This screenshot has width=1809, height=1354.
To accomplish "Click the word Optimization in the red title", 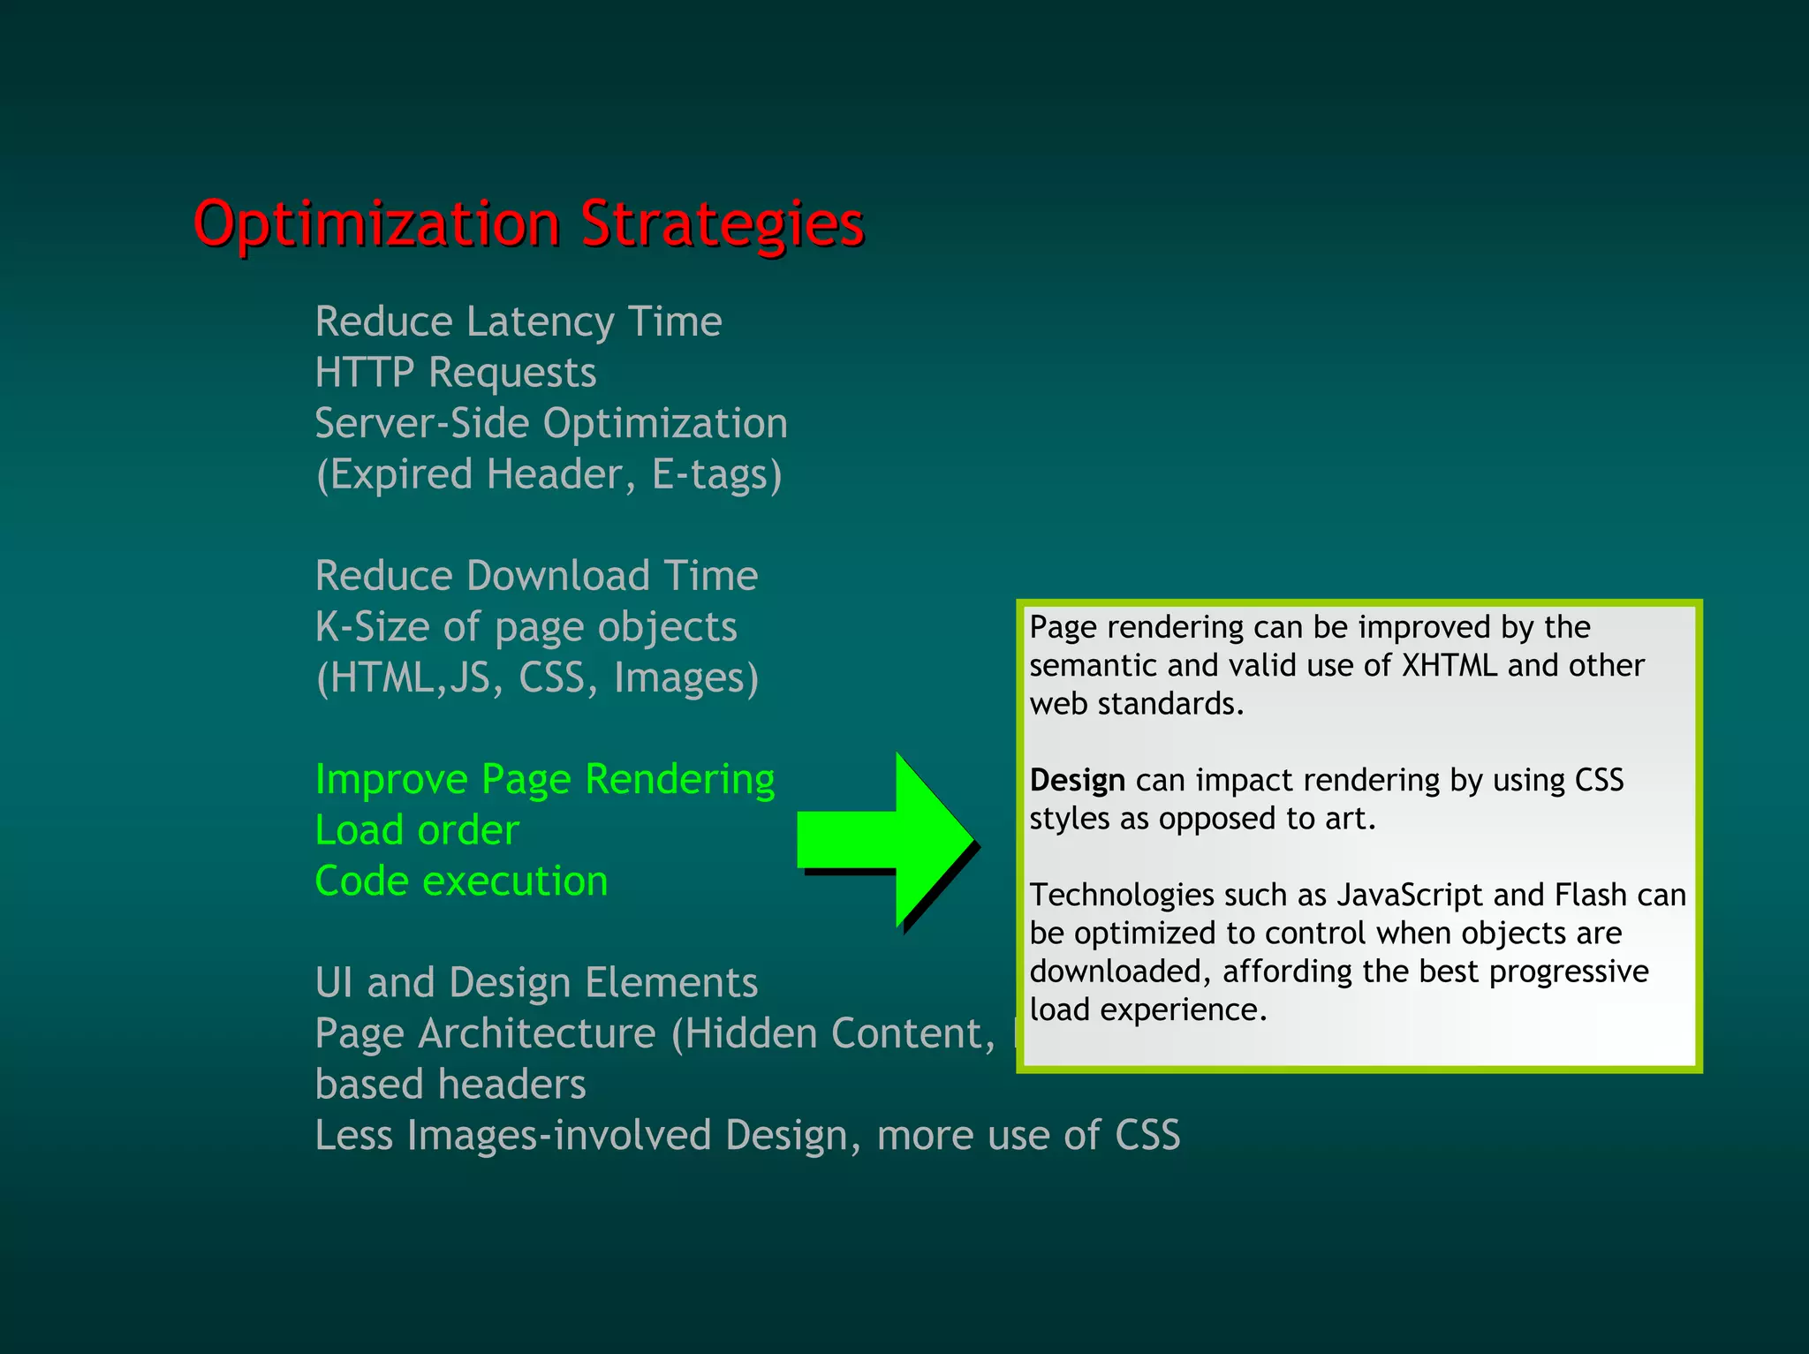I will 376,224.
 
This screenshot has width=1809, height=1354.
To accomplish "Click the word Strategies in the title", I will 722,224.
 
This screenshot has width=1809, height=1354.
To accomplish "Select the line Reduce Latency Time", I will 518,321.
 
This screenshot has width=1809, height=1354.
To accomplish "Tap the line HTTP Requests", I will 456,373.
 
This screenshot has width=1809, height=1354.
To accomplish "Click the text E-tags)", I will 716,475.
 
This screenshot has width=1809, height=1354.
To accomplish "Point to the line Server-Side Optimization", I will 551,424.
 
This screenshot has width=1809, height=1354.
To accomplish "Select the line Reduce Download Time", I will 536,576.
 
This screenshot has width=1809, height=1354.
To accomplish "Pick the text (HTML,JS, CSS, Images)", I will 537,678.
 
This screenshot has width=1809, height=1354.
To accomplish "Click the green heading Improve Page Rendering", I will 545,780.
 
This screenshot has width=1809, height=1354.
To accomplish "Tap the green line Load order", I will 417,831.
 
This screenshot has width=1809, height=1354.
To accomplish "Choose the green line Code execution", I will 461,881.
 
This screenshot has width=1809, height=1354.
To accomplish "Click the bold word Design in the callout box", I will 1077,781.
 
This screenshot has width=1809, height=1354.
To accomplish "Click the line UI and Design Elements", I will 536,983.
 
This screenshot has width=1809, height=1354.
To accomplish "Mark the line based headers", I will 450,1085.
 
